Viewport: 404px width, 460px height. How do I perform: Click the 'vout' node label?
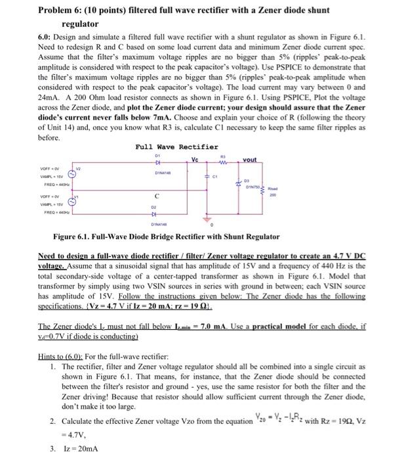click(x=250, y=160)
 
